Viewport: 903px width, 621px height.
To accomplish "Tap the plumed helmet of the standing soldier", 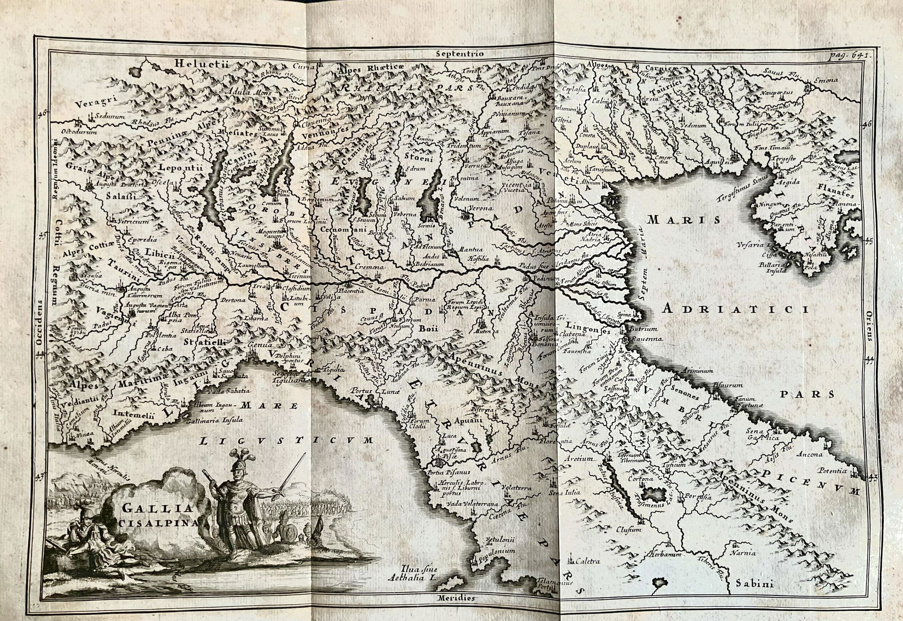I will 235,460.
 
